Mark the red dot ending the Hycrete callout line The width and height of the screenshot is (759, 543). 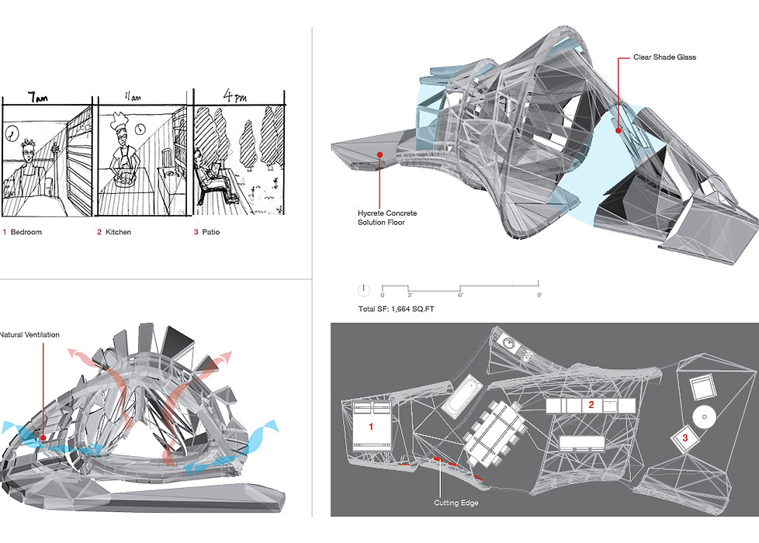tap(380, 154)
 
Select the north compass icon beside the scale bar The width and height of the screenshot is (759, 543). tap(364, 291)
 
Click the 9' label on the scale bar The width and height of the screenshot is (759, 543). tap(539, 296)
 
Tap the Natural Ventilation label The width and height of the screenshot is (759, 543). tap(29, 334)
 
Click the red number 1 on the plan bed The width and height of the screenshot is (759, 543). tap(370, 427)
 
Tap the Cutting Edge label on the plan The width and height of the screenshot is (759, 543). tap(456, 503)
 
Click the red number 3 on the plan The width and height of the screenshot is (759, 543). tap(684, 438)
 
